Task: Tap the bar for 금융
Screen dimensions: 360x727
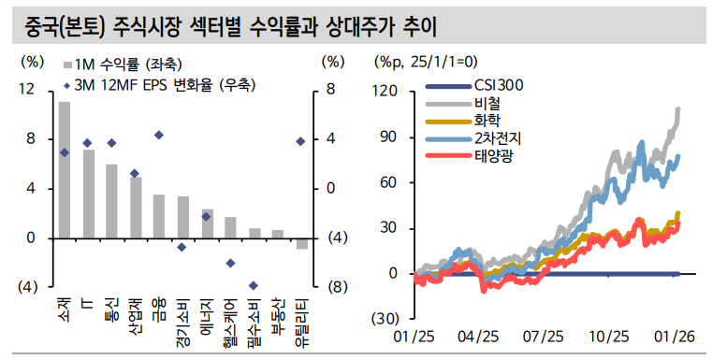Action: coord(159,216)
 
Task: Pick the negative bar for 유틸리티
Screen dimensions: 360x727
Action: coord(301,243)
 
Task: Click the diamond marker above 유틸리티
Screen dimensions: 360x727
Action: coord(300,141)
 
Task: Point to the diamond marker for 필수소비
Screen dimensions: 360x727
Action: coord(253,285)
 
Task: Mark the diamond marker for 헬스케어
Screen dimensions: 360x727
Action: coord(230,263)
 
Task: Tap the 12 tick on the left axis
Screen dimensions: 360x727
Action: coord(27,90)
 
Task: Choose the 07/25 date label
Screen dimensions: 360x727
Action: coord(543,337)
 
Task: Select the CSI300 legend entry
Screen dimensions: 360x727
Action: coord(498,87)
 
